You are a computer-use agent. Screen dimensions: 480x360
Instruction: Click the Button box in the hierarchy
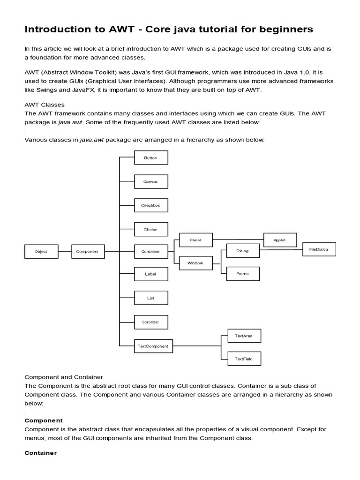pyautogui.click(x=151, y=158)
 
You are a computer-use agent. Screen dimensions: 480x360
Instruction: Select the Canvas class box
pyautogui.click(x=151, y=181)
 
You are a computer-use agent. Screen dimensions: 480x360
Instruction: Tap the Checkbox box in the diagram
pyautogui.click(x=151, y=205)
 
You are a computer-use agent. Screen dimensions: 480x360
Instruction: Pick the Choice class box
pyautogui.click(x=151, y=230)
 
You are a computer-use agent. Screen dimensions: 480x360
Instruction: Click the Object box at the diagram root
pyautogui.click(x=41, y=252)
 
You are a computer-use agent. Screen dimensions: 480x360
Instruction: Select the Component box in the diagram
pyautogui.click(x=88, y=252)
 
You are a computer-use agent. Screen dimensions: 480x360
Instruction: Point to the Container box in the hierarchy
pyautogui.click(x=151, y=252)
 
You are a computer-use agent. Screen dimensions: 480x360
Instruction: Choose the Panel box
pyautogui.click(x=196, y=240)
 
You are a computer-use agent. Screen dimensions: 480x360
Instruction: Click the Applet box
pyautogui.click(x=280, y=240)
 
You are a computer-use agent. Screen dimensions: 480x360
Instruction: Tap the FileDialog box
pyautogui.click(x=319, y=250)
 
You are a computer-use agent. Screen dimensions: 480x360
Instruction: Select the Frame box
pyautogui.click(x=243, y=274)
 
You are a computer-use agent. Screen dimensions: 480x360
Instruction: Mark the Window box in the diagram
pyautogui.click(x=196, y=263)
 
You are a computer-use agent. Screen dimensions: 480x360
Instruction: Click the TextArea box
pyautogui.click(x=244, y=336)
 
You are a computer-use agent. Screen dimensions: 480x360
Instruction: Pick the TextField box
pyautogui.click(x=244, y=359)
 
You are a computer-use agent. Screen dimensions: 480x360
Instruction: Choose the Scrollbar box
pyautogui.click(x=151, y=322)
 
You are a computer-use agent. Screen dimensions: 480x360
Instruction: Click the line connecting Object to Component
pyautogui.click(x=64, y=252)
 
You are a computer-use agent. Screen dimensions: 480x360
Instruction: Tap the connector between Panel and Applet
pyautogui.click(x=238, y=240)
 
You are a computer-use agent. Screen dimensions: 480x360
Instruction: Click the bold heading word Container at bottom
pyautogui.click(x=40, y=453)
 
